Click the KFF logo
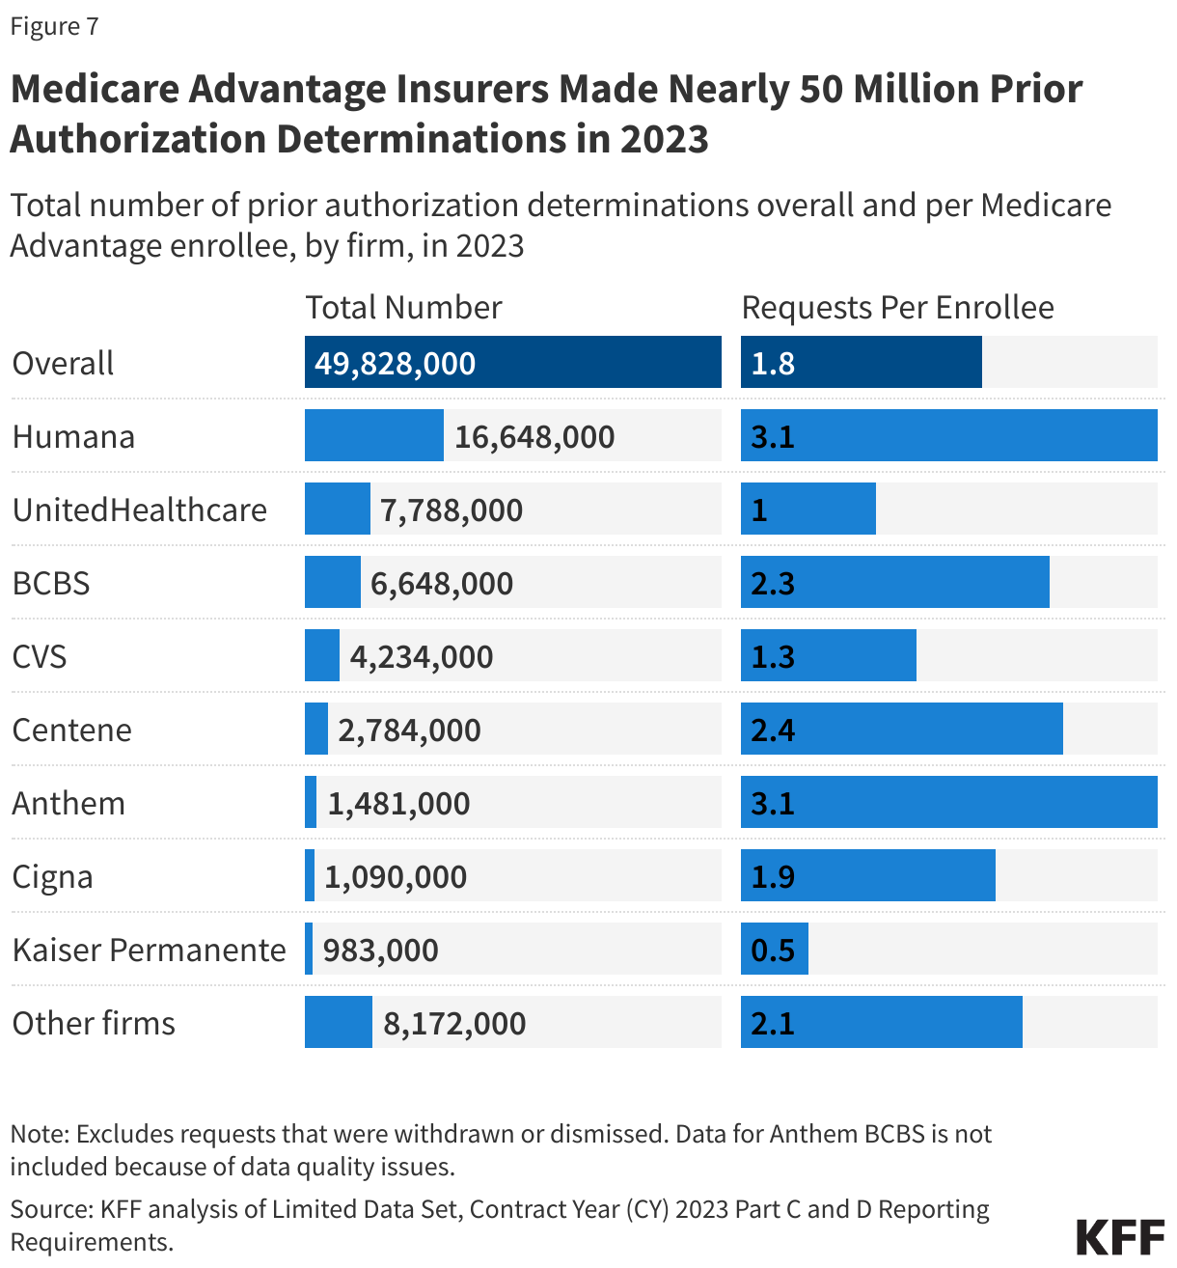(x=1119, y=1236)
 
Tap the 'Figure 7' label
(x=55, y=26)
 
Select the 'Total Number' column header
(x=403, y=307)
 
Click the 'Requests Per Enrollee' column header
(x=897, y=307)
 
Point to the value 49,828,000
(x=395, y=364)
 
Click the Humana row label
(x=73, y=437)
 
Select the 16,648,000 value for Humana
(x=534, y=437)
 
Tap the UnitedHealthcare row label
(x=139, y=510)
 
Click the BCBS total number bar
(x=332, y=583)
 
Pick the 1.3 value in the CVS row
(x=773, y=657)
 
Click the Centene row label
(x=71, y=730)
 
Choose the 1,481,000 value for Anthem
(x=398, y=804)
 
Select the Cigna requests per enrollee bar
(x=867, y=876)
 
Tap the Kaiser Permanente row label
(x=149, y=951)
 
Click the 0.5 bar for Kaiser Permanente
(x=774, y=950)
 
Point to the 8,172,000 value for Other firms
(x=454, y=1024)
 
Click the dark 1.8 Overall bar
(x=861, y=363)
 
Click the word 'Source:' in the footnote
(x=50, y=1209)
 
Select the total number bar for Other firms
(x=338, y=1023)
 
